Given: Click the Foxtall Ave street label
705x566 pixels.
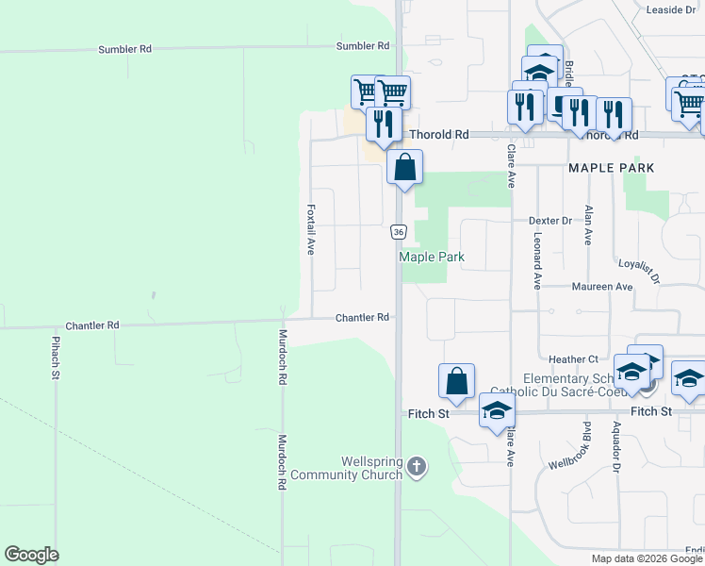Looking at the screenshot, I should (310, 230).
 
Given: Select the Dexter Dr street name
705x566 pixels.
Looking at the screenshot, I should (550, 221).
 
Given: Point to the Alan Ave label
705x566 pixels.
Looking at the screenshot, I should (589, 225).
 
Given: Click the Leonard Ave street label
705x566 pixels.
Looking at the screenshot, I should (537, 262).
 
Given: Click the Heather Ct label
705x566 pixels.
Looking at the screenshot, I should (574, 359).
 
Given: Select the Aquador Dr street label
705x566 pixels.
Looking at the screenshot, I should (615, 446).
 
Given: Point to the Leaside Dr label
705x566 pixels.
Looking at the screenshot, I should (669, 10).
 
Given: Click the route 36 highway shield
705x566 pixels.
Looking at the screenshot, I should (400, 231).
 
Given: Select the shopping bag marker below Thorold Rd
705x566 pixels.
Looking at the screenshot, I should (404, 168).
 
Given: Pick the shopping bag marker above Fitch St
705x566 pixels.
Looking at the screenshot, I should (456, 381).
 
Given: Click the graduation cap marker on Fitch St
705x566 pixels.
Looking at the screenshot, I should (497, 410).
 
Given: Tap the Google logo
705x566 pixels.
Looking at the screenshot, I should (31, 555).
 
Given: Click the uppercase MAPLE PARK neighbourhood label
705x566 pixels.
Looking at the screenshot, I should (610, 167).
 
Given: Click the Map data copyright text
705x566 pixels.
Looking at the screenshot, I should (648, 558).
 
